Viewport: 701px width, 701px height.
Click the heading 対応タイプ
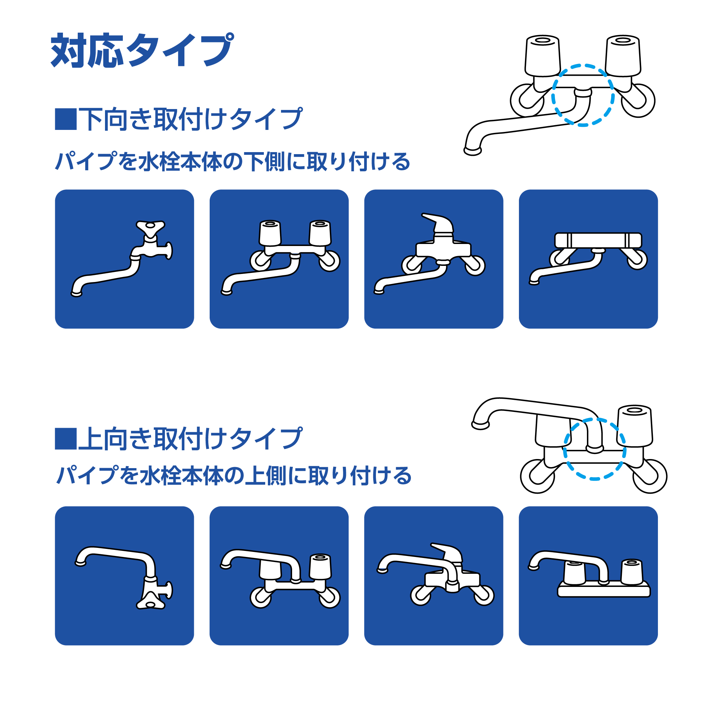click(142, 50)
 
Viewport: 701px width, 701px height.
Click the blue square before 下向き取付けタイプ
click(66, 119)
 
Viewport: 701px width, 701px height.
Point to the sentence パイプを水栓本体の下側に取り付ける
click(233, 162)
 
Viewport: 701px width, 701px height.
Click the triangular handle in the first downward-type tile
click(150, 228)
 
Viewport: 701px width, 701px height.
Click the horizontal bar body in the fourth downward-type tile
click(598, 240)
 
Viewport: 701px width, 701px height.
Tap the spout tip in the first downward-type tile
click(76, 293)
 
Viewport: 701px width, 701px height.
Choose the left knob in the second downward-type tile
click(270, 233)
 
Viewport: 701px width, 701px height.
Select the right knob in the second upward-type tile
click(320, 566)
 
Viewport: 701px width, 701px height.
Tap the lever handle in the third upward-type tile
click(448, 552)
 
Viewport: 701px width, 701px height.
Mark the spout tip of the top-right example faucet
click(472, 151)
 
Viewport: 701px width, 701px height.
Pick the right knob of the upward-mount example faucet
click(635, 426)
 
